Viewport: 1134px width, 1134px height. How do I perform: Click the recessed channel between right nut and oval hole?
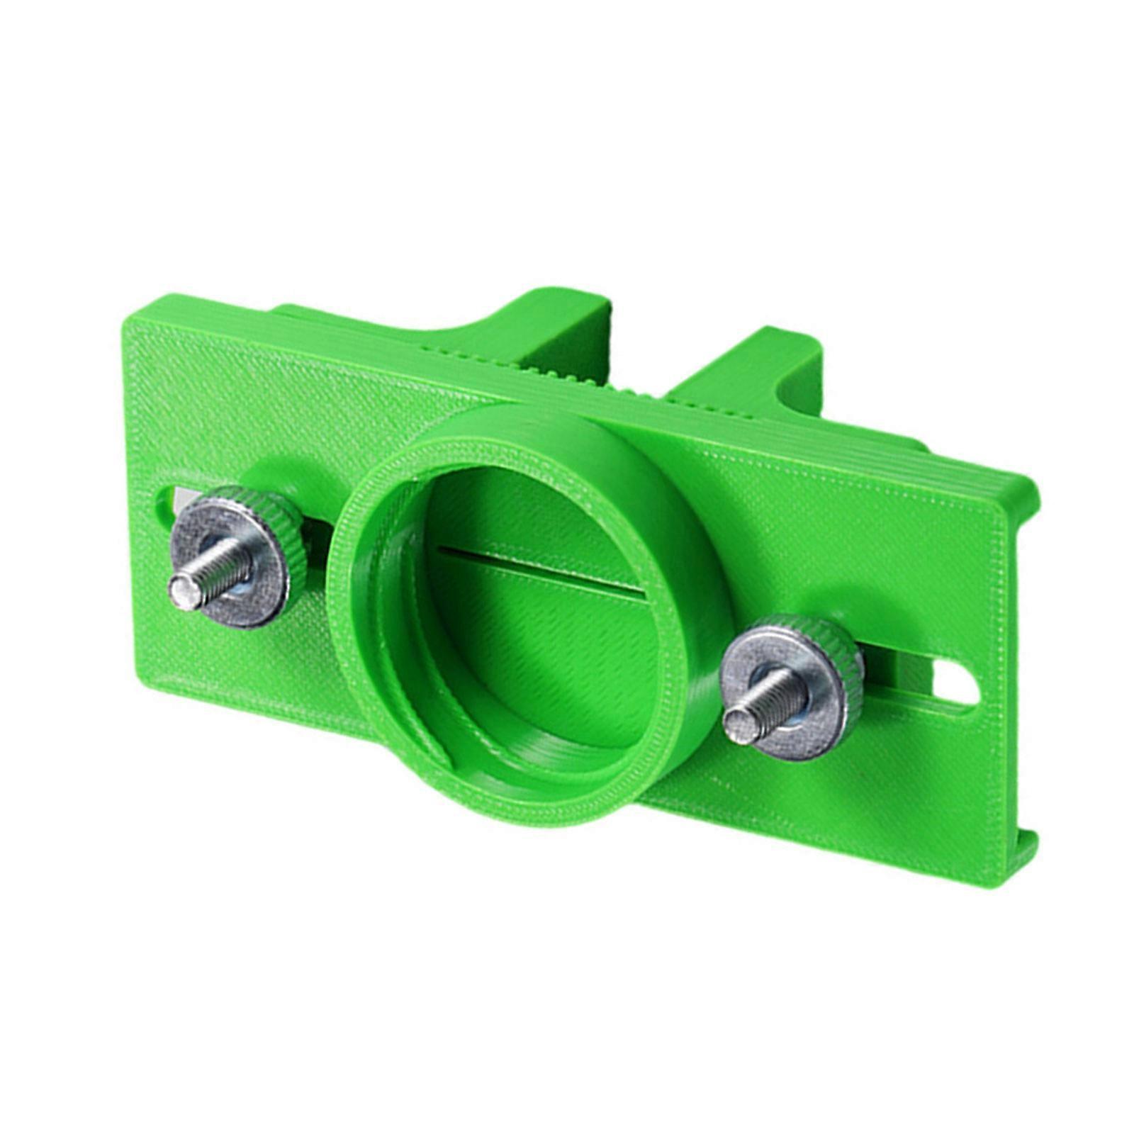(900, 680)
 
